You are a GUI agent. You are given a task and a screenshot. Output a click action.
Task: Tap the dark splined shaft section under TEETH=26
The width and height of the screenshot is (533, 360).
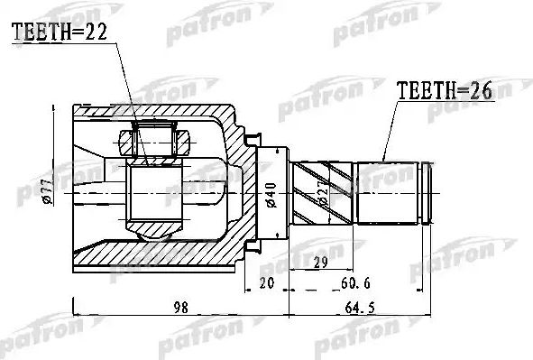point(389,192)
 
